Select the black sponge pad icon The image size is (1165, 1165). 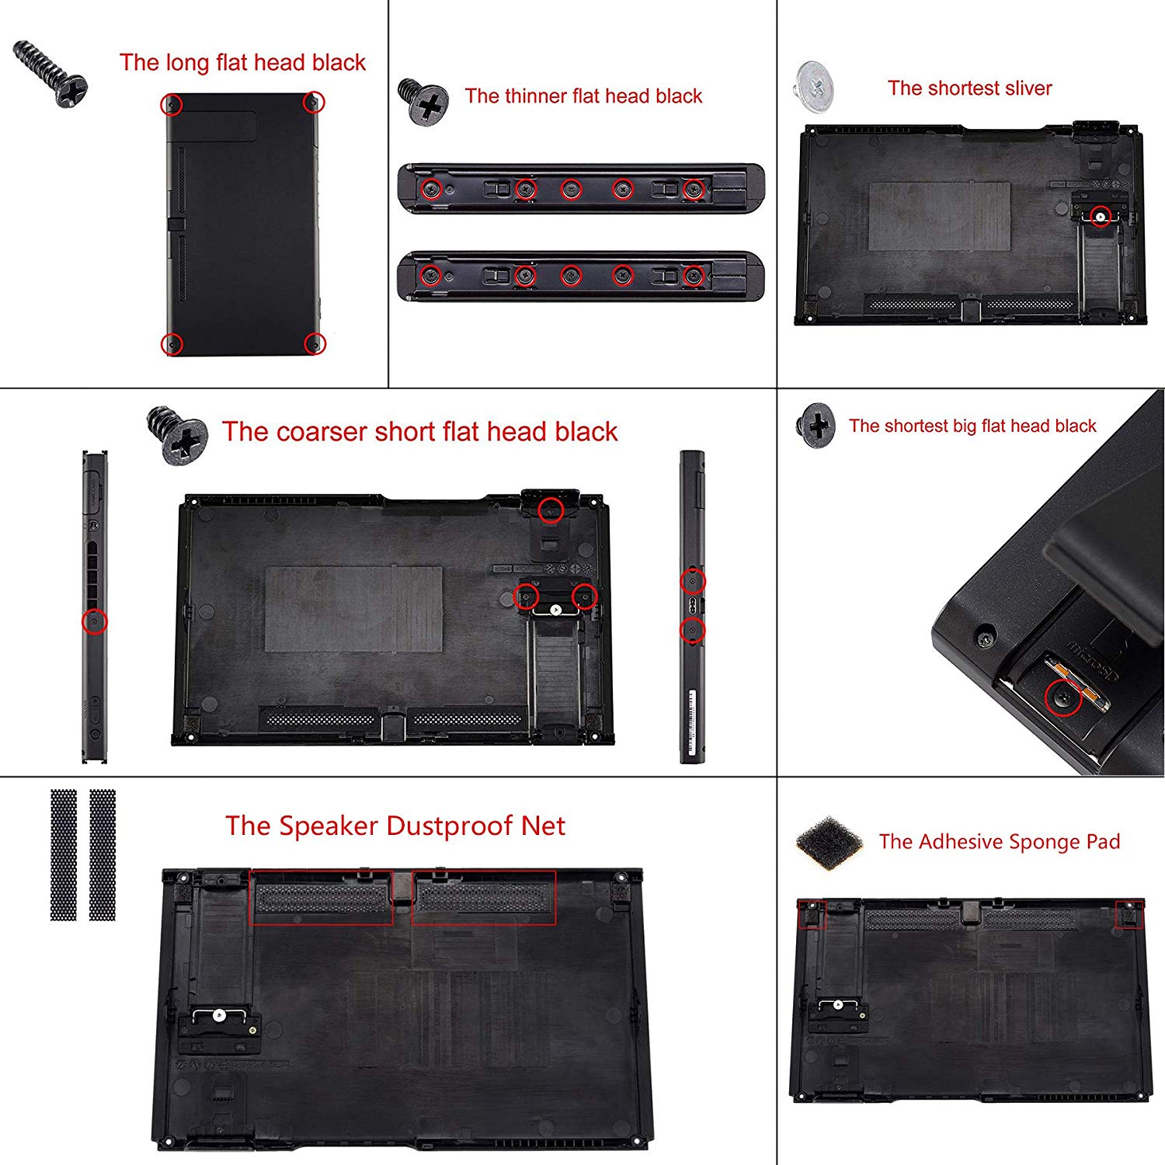(829, 842)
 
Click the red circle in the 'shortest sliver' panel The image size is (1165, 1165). (1100, 217)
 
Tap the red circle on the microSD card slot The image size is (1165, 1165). (1063, 698)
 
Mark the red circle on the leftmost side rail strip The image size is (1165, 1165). (95, 621)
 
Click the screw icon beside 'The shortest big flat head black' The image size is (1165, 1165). (815, 425)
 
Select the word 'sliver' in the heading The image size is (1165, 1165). (1021, 89)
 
